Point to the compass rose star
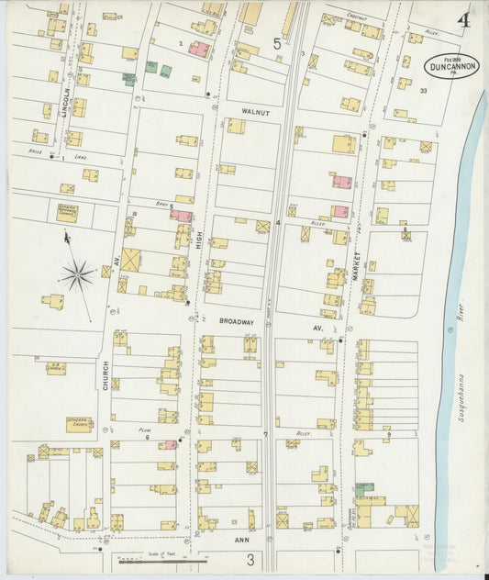pos(77,273)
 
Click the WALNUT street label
pos(255,111)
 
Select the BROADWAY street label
pos(237,324)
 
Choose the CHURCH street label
pos(106,374)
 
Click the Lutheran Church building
pos(79,425)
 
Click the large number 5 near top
pos(276,42)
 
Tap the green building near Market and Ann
pos(364,490)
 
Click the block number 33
pos(423,90)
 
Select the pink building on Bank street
pos(181,216)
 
